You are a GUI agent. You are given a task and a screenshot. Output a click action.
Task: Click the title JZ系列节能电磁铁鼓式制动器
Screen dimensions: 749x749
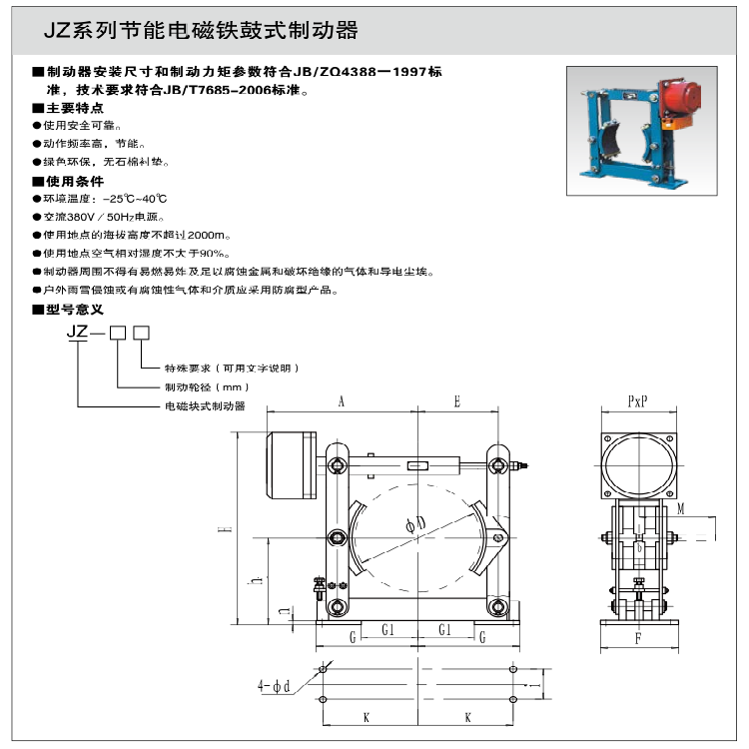tap(200, 31)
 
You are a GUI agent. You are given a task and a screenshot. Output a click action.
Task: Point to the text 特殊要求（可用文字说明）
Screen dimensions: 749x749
tap(232, 369)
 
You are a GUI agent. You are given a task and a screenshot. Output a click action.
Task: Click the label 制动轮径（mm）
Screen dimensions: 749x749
tap(206, 386)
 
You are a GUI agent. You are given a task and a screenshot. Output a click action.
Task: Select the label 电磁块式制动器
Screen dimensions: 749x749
tap(206, 405)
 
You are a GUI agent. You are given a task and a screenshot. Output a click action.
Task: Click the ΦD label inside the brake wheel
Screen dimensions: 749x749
tap(416, 521)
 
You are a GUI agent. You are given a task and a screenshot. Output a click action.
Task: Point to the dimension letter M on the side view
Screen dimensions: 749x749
tap(680, 509)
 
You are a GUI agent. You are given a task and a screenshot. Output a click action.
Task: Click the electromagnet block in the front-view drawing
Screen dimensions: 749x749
tap(291, 464)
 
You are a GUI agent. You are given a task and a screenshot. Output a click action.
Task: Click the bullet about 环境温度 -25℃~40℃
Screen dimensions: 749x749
tap(104, 199)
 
